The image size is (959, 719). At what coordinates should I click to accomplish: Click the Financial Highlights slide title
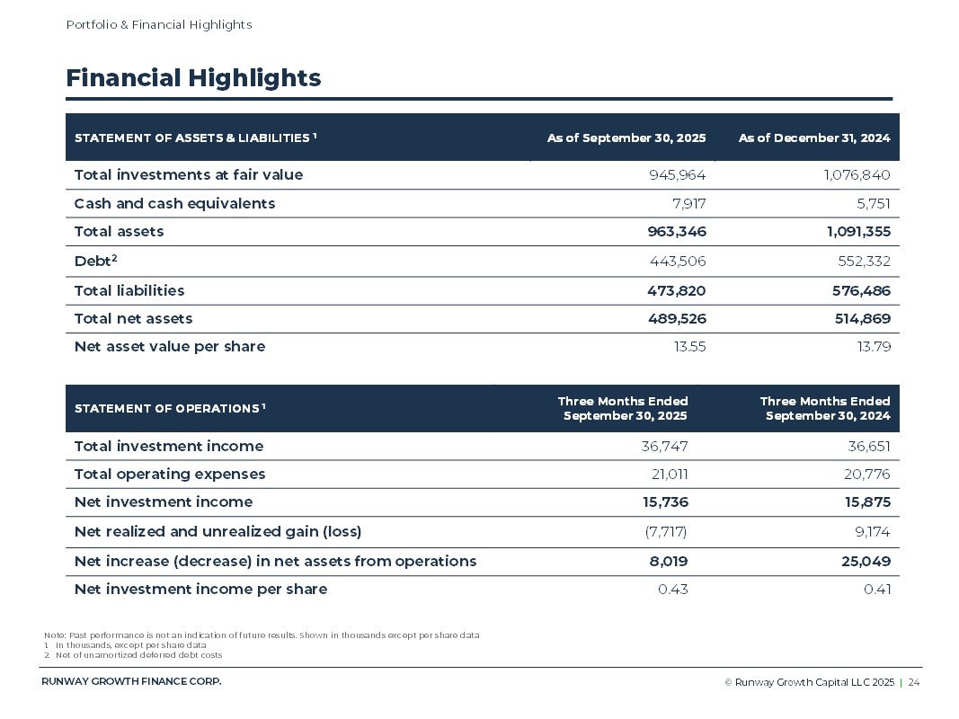coord(193,78)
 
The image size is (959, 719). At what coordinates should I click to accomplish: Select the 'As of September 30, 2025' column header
coord(626,138)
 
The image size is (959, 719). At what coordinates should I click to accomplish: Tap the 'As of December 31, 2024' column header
coord(814,138)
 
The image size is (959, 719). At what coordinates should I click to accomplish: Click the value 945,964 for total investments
coord(677,174)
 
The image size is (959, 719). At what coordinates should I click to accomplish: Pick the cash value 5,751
coord(872,203)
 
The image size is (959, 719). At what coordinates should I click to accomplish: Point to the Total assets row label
coord(119,231)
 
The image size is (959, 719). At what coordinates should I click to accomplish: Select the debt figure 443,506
coord(677,262)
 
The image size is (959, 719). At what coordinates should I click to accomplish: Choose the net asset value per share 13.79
coord(875,346)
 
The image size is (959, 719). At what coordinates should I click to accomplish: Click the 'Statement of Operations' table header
coord(169,409)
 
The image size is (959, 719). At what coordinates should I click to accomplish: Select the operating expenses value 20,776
coord(867,474)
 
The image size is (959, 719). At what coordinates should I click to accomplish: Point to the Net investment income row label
coord(164,502)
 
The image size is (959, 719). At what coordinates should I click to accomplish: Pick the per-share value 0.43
coord(672,589)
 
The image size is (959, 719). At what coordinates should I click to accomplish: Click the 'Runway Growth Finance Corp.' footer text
coord(131,681)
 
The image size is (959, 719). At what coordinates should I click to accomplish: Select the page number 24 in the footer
coord(913,683)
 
